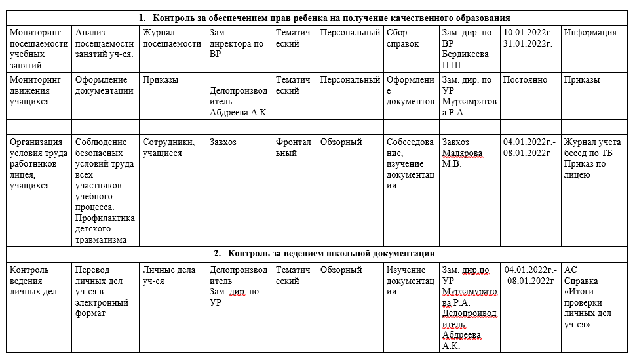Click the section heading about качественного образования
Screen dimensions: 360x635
(324, 18)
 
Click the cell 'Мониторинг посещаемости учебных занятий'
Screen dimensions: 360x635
(38, 49)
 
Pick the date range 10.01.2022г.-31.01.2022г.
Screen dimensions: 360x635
(529, 38)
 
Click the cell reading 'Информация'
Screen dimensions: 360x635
(590, 33)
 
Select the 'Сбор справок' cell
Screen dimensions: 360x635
(402, 38)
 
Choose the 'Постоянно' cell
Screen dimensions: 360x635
(525, 80)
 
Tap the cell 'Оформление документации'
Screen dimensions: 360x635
(105, 85)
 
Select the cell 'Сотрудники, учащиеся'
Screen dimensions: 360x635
(168, 148)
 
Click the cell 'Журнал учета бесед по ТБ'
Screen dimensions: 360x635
(594, 148)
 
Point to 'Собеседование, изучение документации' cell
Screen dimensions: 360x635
(410, 163)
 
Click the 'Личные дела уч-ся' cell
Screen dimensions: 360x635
(168, 275)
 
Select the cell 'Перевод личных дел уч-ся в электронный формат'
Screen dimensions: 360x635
(102, 291)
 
